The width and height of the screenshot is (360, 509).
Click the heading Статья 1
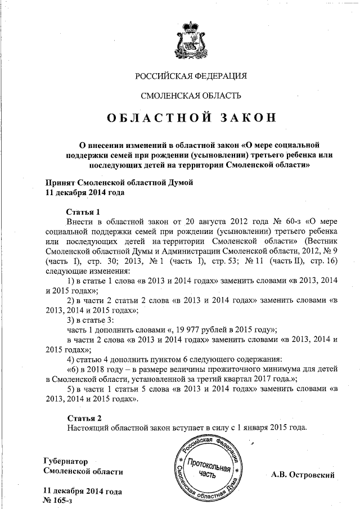click(x=83, y=212)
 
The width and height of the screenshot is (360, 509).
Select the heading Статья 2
click(x=84, y=418)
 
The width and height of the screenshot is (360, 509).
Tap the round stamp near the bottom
click(x=211, y=467)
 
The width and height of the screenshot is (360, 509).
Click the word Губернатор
click(x=66, y=461)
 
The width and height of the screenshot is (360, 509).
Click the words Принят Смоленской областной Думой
click(x=118, y=182)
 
